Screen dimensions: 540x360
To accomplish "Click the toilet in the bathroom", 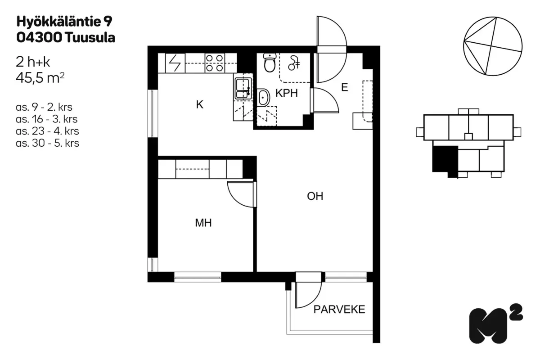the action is tap(270, 63).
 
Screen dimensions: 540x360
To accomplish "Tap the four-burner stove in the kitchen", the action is tap(215, 63).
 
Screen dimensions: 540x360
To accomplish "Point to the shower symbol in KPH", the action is tap(294, 63).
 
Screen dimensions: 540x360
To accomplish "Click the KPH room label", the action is tap(287, 93).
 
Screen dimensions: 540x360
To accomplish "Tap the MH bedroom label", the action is tap(203, 223).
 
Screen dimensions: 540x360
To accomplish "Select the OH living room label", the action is tap(315, 196).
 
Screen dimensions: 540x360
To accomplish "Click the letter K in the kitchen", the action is tap(200, 105).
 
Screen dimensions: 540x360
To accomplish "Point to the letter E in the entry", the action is tap(345, 87).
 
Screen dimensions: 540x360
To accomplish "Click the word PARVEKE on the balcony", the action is tap(339, 309).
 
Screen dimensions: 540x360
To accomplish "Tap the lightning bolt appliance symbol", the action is tap(175, 63).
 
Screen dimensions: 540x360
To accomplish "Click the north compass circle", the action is tap(493, 46).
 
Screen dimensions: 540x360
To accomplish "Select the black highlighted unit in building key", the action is tap(445, 160).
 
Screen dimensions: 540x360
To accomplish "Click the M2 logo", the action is tap(496, 324).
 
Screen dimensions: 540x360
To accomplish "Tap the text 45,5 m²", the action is tap(40, 78).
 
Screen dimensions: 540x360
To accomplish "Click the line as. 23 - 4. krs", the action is tap(48, 131).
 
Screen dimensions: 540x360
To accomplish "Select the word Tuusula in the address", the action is tap(90, 38).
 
